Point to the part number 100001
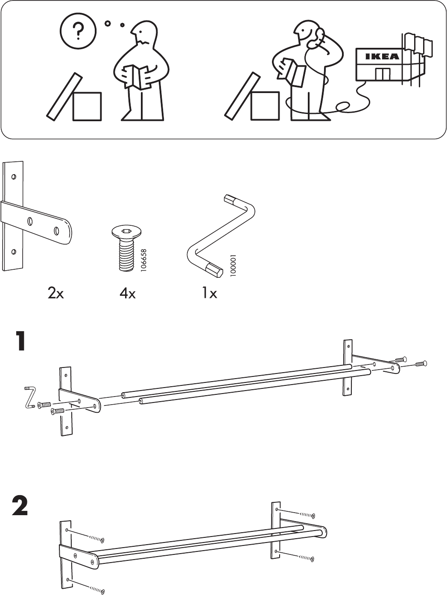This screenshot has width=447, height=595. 233,265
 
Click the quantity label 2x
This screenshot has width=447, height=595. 56,294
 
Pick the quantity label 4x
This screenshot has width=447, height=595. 127,294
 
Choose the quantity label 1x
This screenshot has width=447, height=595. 209,294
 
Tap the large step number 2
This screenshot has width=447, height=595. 20,507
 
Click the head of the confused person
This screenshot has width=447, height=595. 143,33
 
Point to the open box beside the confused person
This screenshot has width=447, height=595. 87,105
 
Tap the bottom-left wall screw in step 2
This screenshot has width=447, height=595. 99,591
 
